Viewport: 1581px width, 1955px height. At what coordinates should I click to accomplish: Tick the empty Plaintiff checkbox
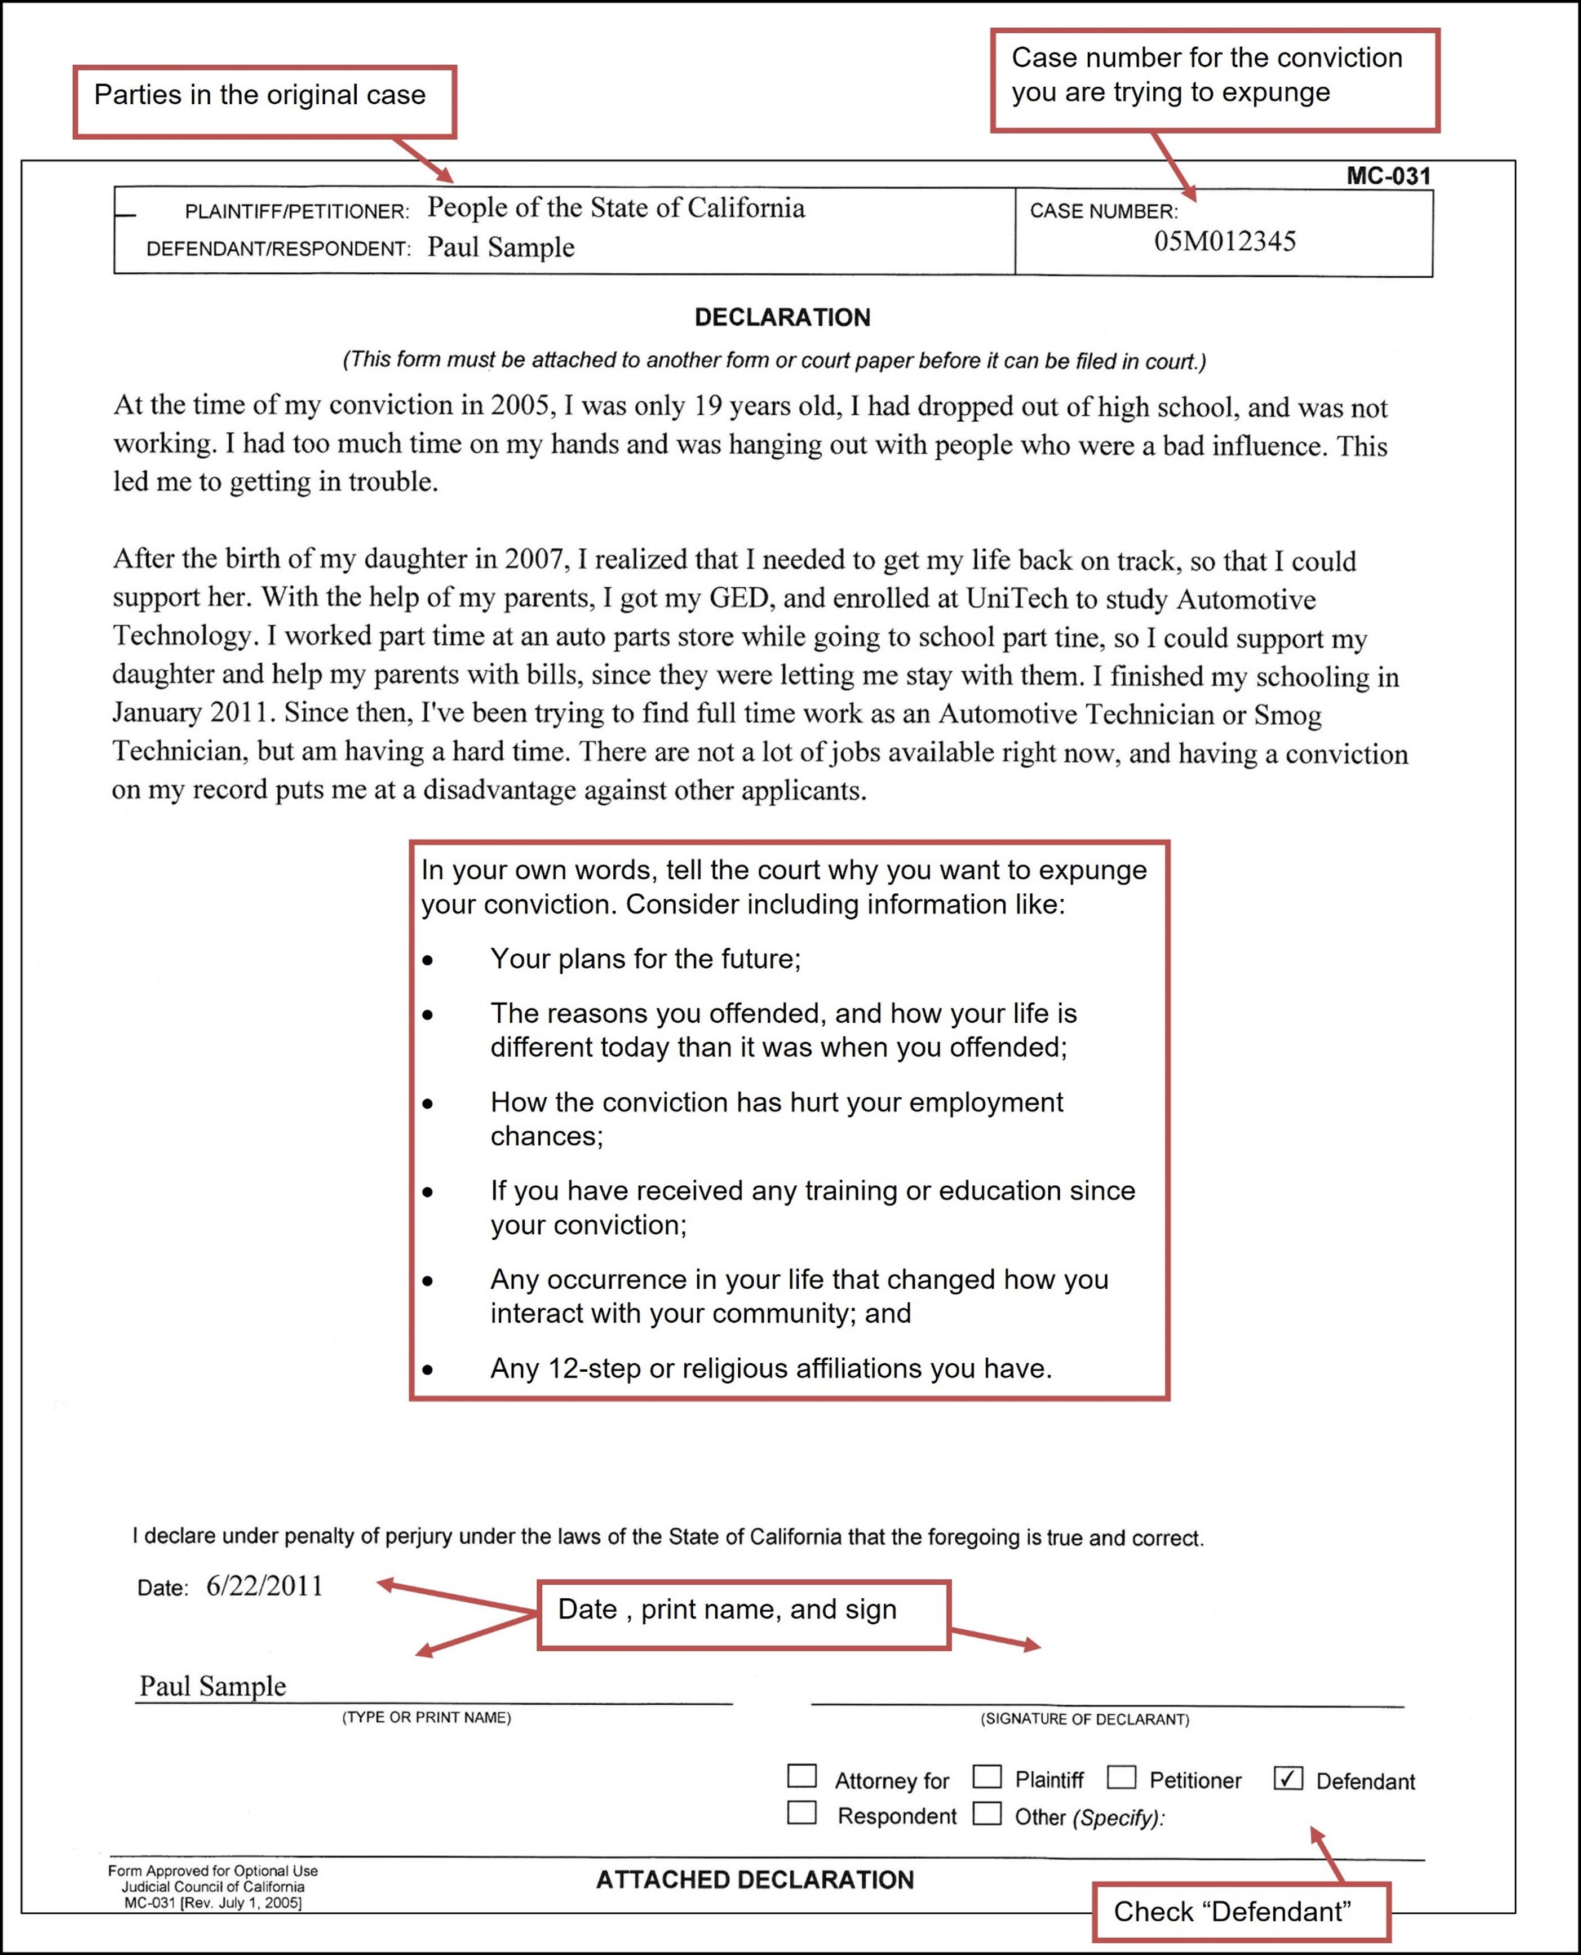[x=987, y=1776]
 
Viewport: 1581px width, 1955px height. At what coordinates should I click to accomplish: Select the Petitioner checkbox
[x=1121, y=1776]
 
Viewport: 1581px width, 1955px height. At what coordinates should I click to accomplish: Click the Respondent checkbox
[x=801, y=1812]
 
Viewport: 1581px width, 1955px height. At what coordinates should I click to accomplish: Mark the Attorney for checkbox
[x=801, y=1776]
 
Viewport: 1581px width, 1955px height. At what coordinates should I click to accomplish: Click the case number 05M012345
[x=1224, y=241]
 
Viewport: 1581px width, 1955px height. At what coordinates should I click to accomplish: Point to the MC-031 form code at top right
[x=1388, y=176]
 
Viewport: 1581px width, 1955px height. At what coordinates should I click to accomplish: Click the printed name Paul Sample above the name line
[x=212, y=1686]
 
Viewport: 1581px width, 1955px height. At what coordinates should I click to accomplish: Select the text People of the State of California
[x=615, y=207]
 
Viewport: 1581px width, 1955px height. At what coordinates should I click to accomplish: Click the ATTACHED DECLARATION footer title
[x=754, y=1879]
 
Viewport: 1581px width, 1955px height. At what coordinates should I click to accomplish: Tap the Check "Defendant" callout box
[x=1241, y=1911]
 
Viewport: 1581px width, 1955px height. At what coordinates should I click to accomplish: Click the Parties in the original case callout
[x=264, y=101]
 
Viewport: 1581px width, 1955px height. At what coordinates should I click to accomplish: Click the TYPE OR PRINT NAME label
[x=426, y=1717]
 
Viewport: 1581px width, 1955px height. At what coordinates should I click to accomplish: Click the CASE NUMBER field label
[x=1103, y=211]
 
